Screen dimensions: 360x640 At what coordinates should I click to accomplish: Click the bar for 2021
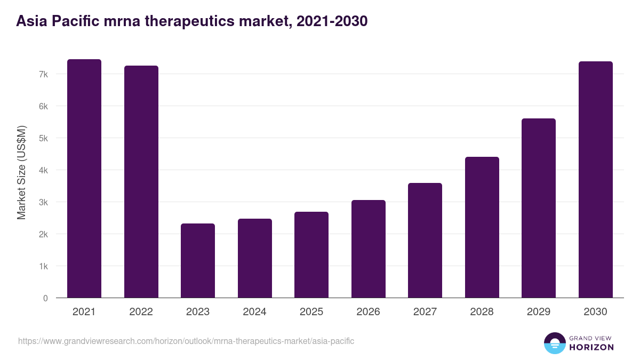click(84, 179)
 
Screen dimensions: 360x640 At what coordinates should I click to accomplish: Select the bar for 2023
click(198, 261)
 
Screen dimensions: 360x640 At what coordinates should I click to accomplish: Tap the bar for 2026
click(369, 249)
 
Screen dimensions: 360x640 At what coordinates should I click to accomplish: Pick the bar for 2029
click(539, 208)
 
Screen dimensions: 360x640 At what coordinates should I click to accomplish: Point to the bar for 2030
click(596, 180)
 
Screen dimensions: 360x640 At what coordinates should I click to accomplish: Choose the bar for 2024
click(255, 258)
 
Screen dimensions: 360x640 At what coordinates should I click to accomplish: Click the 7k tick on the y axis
click(43, 74)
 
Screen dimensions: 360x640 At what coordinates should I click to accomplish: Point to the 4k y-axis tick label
click(43, 170)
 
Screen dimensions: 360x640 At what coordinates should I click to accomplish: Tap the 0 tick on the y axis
click(45, 298)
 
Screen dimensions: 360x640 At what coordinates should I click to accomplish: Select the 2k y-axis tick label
click(43, 234)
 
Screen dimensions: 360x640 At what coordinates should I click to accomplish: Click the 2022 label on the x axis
click(141, 312)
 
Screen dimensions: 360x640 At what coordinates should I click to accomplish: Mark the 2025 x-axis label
click(311, 312)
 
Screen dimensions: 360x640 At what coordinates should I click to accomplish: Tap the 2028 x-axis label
click(482, 312)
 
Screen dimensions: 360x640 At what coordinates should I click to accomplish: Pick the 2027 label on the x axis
click(425, 312)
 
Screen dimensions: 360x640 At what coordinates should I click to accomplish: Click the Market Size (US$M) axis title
click(21, 172)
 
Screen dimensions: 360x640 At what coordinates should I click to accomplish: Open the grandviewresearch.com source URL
click(186, 341)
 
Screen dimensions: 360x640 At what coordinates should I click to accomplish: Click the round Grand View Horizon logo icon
click(554, 343)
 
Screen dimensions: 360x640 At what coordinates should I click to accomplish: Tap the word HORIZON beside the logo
click(591, 347)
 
